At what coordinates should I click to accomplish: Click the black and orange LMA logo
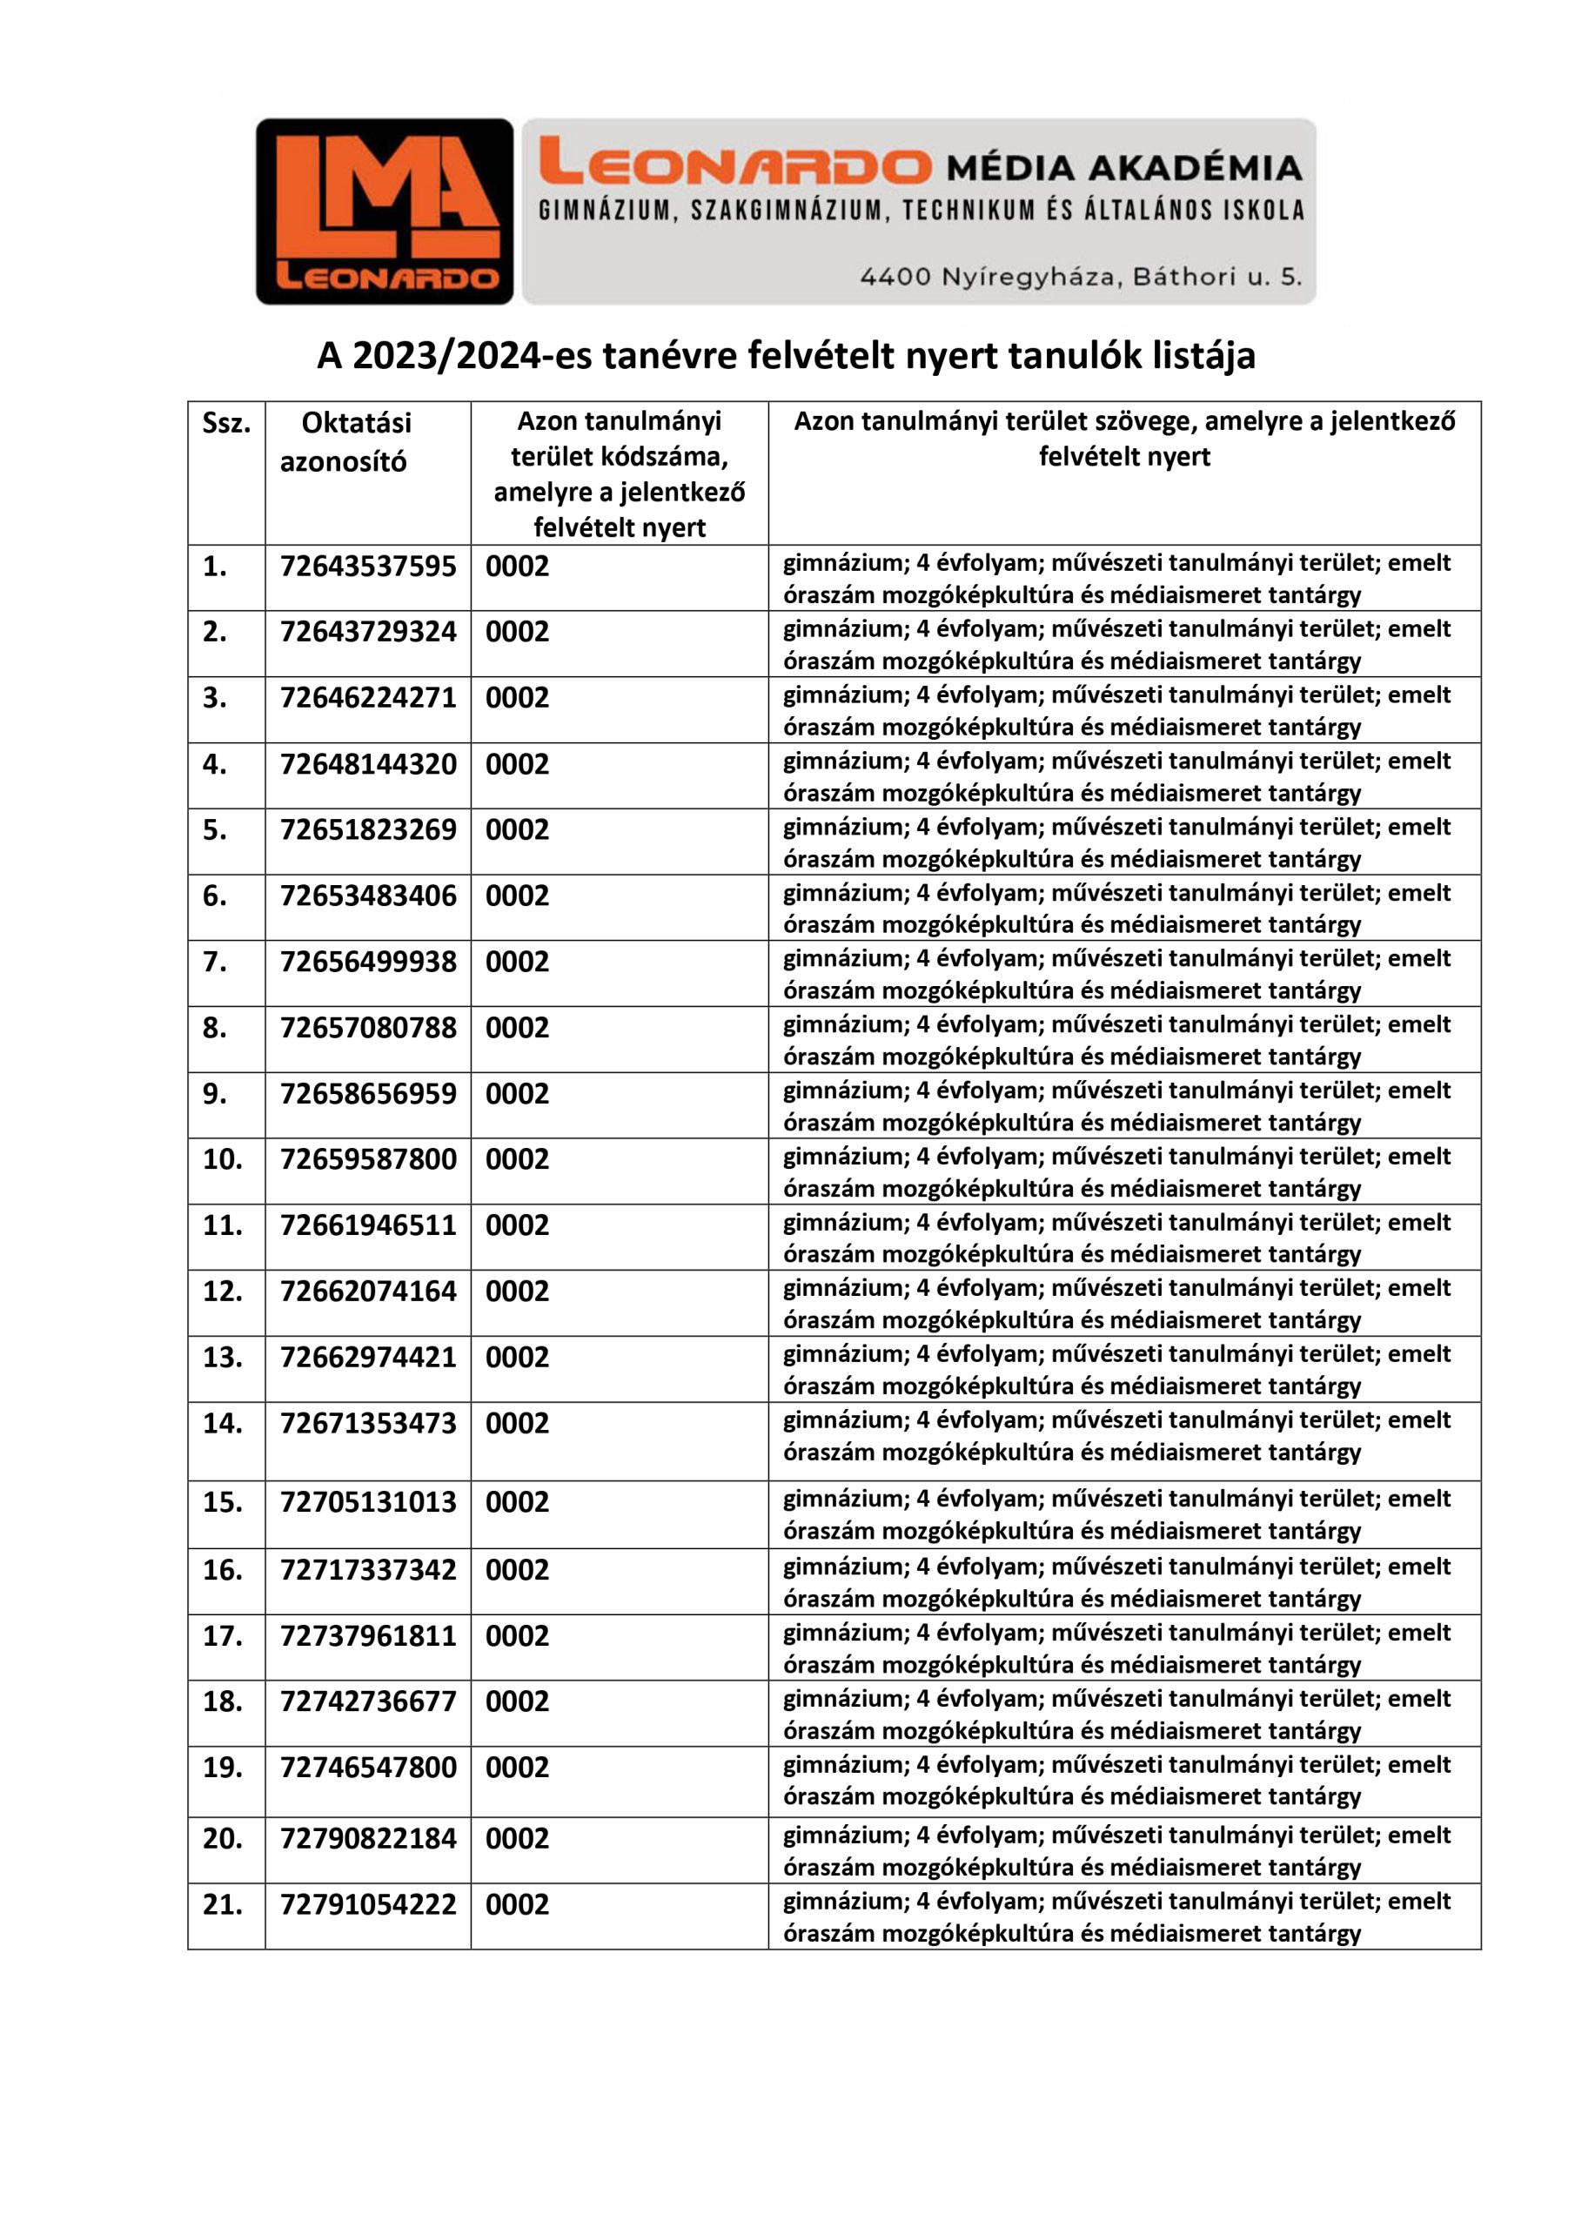[385, 211]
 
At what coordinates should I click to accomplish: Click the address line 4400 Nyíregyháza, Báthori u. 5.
[1080, 277]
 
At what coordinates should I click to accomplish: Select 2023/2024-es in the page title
[459, 356]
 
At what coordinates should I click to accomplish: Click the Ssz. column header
[226, 423]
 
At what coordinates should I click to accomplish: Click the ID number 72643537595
[368, 566]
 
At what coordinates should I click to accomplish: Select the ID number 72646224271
[368, 698]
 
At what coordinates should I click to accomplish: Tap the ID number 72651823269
[368, 829]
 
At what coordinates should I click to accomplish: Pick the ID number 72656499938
[368, 962]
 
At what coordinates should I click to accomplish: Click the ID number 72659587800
[368, 1158]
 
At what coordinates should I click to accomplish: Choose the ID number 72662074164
[368, 1291]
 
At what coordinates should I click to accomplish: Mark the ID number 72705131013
[368, 1501]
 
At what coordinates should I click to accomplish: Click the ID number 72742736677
[368, 1701]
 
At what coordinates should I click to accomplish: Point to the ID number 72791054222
[368, 1904]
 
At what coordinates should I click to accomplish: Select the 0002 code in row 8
[517, 1028]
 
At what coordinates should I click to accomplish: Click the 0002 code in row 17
[517, 1635]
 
